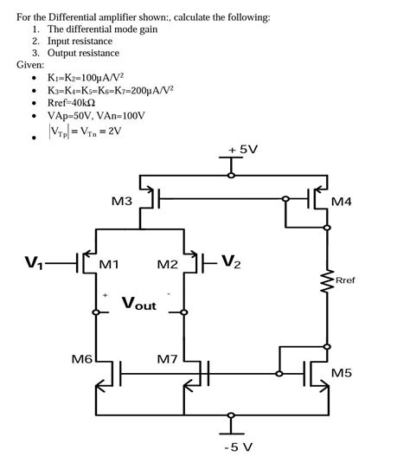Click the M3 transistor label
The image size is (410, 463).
point(122,202)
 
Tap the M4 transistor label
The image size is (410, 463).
point(343,203)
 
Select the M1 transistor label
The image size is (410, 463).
point(110,264)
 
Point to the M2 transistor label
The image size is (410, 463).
point(167,264)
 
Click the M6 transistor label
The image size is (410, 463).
point(82,358)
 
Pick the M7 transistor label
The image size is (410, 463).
point(168,358)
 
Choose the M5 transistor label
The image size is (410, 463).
point(343,374)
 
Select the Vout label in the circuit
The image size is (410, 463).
point(139,304)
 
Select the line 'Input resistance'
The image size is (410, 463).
point(80,41)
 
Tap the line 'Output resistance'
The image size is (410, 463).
point(83,53)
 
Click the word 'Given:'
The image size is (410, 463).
point(32,65)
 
